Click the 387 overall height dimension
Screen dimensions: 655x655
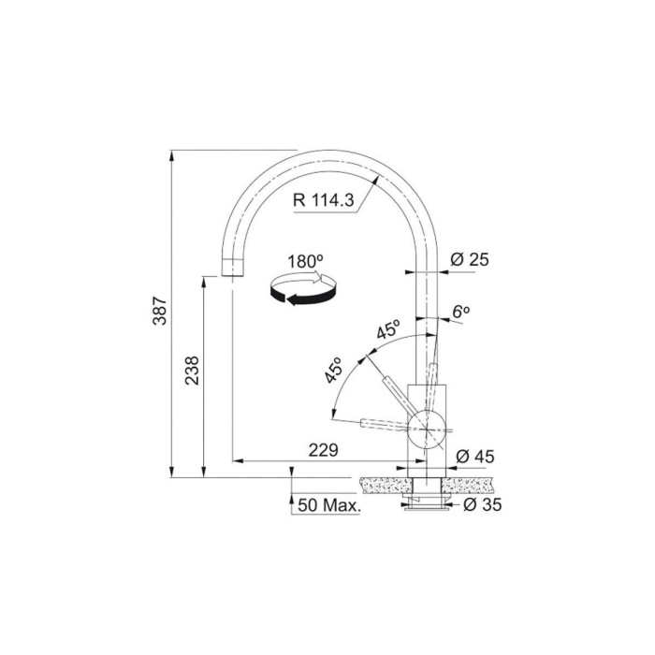click(x=160, y=311)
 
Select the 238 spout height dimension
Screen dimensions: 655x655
click(x=192, y=371)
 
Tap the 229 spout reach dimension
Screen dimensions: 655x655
click(x=323, y=450)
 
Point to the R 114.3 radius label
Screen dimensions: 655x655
click(x=324, y=200)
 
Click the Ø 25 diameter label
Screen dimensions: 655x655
click(x=470, y=260)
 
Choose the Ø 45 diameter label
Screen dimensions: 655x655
click(x=475, y=457)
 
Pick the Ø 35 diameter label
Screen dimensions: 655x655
click(x=483, y=504)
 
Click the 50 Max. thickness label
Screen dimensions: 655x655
click(x=328, y=505)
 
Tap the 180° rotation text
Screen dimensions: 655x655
click(x=305, y=261)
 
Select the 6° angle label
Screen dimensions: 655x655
click(x=461, y=312)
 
